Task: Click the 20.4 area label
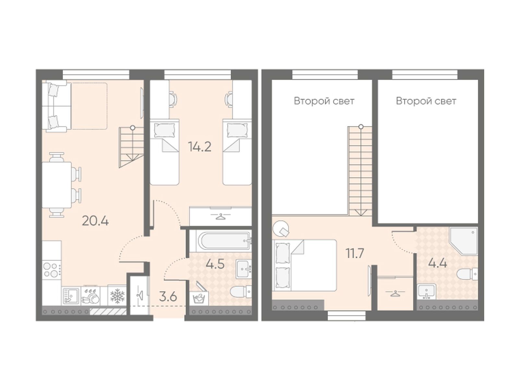(x=95, y=221)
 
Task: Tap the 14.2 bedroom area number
(x=199, y=147)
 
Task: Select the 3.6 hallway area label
(x=168, y=297)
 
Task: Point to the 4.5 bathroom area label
(x=215, y=264)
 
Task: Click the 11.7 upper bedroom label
(x=355, y=254)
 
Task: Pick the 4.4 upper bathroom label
(x=438, y=263)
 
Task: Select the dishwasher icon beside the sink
(x=91, y=296)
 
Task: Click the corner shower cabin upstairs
(x=464, y=241)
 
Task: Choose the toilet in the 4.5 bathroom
(x=240, y=292)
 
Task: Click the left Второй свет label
(x=324, y=101)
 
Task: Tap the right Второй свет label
(x=426, y=101)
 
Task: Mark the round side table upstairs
(x=281, y=228)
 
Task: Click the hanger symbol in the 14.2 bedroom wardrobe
(x=220, y=216)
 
